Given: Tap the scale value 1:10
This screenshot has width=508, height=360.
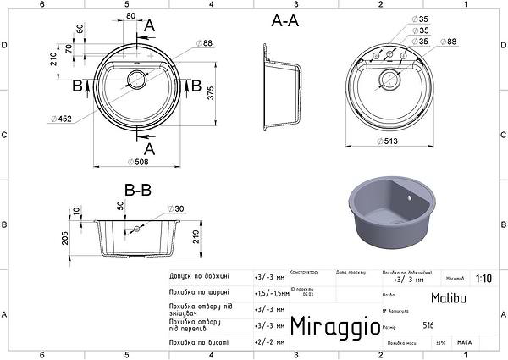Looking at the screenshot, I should coord(483,277).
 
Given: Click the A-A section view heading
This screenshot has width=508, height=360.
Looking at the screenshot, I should coord(284,22).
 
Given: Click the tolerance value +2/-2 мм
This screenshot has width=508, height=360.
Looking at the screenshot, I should coord(266,342).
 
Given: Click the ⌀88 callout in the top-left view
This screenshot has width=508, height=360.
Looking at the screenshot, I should coord(203,42).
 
